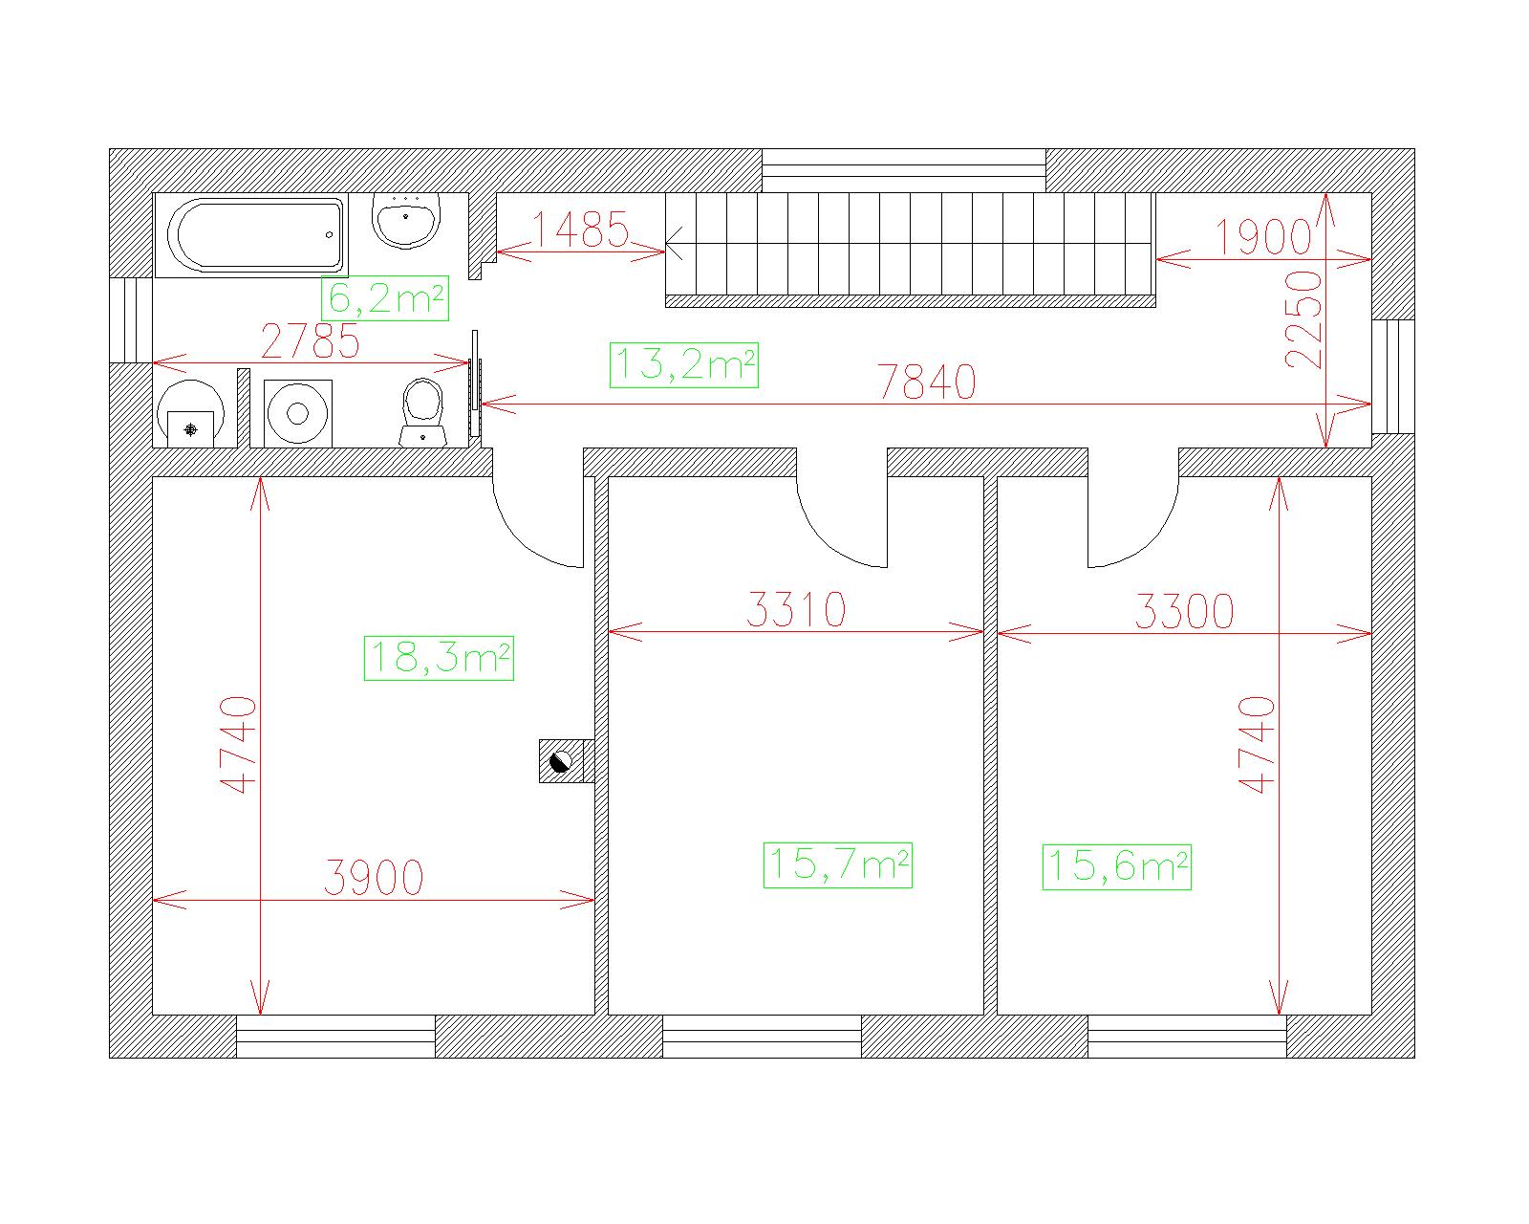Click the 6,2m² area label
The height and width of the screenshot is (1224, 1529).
click(x=385, y=298)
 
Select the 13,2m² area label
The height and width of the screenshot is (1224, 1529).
click(x=684, y=365)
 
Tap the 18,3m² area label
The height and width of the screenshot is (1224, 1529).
click(x=439, y=658)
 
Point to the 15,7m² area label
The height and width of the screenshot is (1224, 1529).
click(x=838, y=864)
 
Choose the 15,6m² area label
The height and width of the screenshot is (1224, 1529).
click(x=1117, y=867)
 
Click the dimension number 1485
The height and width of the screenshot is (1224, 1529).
click(x=580, y=229)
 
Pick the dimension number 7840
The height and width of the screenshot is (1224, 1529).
click(x=927, y=382)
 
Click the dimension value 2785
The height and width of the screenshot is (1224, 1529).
click(x=311, y=341)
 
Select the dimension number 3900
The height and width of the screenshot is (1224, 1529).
click(x=374, y=878)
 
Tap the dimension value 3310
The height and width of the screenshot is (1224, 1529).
click(x=796, y=609)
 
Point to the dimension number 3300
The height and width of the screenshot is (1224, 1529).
click(x=1184, y=612)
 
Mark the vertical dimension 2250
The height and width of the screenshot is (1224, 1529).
click(x=1303, y=320)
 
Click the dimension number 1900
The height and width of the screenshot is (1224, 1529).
click(x=1263, y=237)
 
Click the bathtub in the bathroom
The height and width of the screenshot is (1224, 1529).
click(x=251, y=234)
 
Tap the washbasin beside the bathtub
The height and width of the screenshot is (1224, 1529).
click(x=406, y=220)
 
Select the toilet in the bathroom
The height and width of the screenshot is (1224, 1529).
click(x=423, y=413)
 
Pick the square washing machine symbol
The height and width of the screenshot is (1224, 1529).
click(x=298, y=413)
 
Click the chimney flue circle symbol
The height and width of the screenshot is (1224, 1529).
click(x=561, y=762)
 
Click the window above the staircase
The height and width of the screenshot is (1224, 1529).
click(x=904, y=171)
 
